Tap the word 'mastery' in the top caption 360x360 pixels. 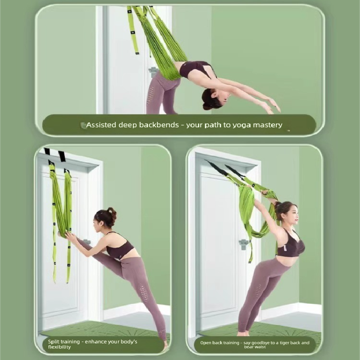[267, 125]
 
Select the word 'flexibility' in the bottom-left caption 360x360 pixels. [59, 347]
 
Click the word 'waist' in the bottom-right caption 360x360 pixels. [258, 347]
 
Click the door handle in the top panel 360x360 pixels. [153, 70]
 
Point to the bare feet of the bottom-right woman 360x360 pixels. [243, 333]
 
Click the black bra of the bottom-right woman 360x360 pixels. [290, 246]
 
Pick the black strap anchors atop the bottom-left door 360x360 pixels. [54, 154]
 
